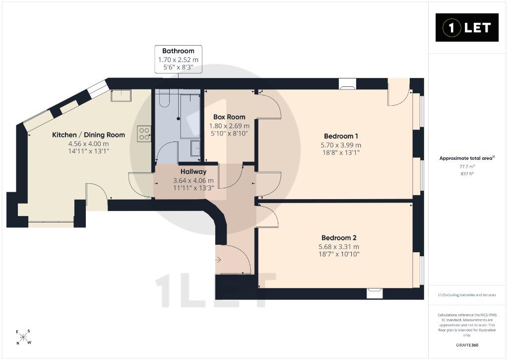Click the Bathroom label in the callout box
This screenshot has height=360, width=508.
coord(178,51)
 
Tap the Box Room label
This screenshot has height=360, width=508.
coord(229,117)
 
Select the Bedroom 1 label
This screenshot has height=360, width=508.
coord(341,136)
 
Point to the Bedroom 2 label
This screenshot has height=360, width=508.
coord(339,238)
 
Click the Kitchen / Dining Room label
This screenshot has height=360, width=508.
coord(88,135)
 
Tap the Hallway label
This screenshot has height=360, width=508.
coord(193,172)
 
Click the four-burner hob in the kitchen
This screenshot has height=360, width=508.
coord(144,134)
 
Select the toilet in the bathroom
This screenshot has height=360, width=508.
coord(164,99)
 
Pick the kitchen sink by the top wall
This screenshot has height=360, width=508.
coord(121,96)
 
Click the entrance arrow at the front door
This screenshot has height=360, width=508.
coord(218,260)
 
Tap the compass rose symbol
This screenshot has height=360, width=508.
coord(23,337)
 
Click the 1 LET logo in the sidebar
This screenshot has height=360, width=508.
coord(467,28)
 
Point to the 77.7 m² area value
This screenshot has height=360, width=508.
coord(467,167)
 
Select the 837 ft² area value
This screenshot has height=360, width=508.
coord(467,174)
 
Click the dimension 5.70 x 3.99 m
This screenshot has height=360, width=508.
coord(341,145)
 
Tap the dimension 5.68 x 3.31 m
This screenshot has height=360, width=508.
coord(339,247)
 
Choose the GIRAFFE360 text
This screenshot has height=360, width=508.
coord(467,345)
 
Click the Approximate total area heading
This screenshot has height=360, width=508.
coord(467,158)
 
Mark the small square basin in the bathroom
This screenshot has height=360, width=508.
coord(195,148)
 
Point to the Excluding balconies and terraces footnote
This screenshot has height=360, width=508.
coord(467,295)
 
